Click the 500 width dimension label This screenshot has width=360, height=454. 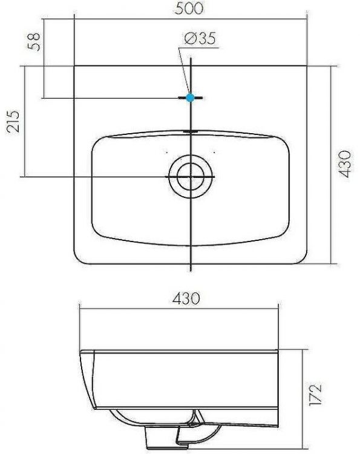coord(190,8)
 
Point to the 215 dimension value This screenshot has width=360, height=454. coord(13,120)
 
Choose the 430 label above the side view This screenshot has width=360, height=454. coord(186,298)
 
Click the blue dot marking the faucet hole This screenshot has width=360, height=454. coord(191,97)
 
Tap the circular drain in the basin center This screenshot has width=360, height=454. coord(191,177)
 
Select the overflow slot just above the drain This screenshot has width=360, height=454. coord(191,130)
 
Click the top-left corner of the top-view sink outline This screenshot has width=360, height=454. coord(74,65)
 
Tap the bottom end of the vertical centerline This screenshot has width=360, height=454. coord(191,269)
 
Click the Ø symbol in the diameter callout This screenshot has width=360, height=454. coord(188,39)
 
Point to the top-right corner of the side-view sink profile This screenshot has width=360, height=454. coord(279,350)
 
